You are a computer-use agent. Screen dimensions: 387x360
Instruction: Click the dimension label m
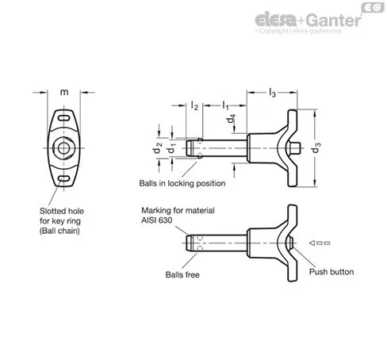(64, 92)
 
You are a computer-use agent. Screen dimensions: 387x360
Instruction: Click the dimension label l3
(272, 93)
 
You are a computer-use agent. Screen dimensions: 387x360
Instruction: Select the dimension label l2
(194, 105)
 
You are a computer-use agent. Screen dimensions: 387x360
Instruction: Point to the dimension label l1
(225, 105)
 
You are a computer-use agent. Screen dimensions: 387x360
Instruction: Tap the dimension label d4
(231, 119)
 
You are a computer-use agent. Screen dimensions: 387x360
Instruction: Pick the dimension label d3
(316, 147)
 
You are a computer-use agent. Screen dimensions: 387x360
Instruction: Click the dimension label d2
(158, 148)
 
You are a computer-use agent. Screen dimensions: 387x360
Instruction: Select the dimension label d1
(171, 148)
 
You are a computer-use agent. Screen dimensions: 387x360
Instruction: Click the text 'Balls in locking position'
(182, 183)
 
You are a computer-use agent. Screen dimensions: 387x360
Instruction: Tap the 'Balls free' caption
(182, 275)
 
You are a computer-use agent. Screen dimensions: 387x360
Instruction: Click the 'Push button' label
(331, 272)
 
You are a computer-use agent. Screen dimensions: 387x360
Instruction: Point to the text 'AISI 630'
(157, 220)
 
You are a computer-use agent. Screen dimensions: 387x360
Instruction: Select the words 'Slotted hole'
(62, 211)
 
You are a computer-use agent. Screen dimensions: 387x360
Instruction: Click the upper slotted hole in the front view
(63, 118)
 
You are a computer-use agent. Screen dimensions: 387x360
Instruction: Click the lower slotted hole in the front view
(63, 178)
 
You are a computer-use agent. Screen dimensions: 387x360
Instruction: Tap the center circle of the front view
(63, 148)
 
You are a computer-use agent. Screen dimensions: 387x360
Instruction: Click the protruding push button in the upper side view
(295, 148)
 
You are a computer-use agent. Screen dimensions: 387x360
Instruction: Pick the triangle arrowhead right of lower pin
(312, 243)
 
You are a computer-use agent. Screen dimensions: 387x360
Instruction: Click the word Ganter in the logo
(334, 21)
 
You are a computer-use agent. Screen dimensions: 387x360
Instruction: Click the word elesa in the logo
(275, 20)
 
